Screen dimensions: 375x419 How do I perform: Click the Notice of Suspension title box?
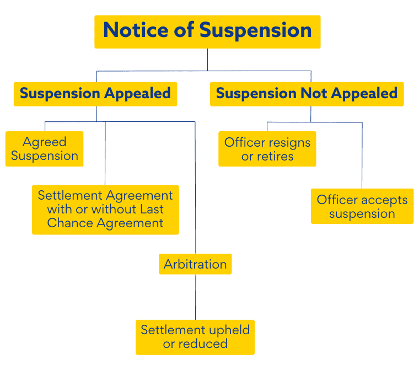(x=207, y=31)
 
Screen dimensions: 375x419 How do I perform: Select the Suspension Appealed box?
(x=95, y=94)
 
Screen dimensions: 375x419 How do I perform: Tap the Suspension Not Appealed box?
(x=307, y=94)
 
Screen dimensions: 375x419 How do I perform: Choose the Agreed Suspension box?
(x=45, y=149)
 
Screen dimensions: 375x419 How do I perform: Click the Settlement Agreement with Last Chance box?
(x=105, y=210)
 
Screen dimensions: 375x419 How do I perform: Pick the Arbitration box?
(x=195, y=264)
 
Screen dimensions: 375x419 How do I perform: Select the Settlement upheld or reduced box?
(x=195, y=337)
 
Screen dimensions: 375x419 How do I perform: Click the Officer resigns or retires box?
(x=267, y=149)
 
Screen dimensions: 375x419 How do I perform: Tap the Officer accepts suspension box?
(x=362, y=206)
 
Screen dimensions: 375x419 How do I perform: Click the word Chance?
(x=67, y=223)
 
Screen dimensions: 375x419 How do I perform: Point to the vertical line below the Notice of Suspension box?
(x=207, y=60)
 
